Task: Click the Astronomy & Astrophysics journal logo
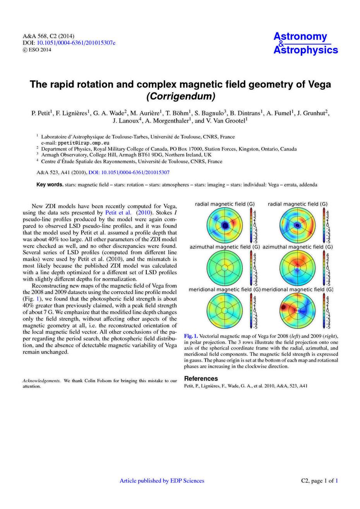(x=305, y=43)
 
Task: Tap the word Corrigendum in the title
(x=180, y=95)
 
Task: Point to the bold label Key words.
(x=50, y=185)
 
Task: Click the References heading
(x=201, y=379)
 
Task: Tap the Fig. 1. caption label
(x=191, y=336)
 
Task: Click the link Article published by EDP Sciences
(x=162, y=481)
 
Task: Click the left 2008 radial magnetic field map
(x=225, y=225)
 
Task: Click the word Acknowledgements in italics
(x=41, y=381)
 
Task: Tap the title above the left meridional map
(x=225, y=289)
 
